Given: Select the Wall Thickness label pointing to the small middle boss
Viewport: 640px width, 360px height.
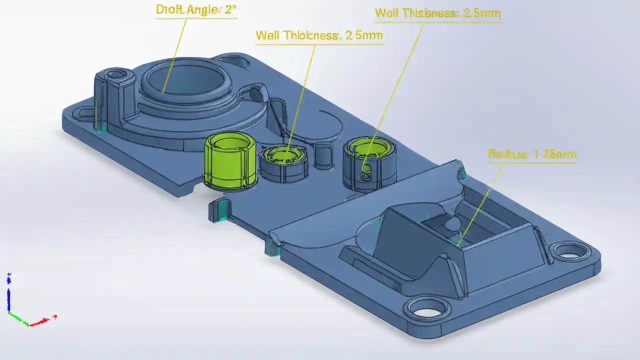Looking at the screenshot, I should coord(318,35).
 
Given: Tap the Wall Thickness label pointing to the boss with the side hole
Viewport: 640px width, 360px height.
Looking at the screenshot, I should coord(437,13).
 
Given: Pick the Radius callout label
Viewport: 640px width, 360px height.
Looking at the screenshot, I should coord(532,154).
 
